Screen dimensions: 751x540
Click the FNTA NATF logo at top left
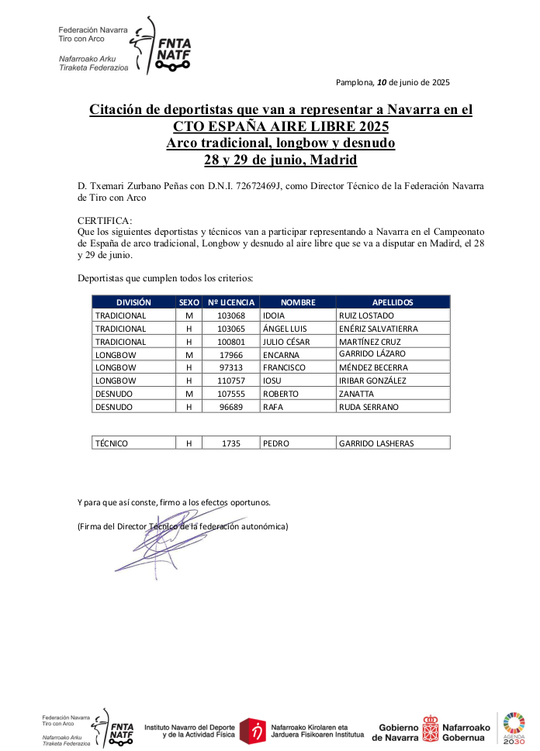coord(161,47)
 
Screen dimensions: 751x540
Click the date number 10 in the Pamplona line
coord(381,82)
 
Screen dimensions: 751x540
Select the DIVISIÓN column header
coord(133,302)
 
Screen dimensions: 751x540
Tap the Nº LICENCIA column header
coord(230,302)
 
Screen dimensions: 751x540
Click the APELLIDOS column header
coord(393,302)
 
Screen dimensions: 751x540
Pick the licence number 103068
coord(230,315)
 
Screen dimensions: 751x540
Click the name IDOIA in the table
coord(275,315)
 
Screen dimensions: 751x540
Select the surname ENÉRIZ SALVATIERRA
coord(378,329)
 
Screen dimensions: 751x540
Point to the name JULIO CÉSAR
coord(286,342)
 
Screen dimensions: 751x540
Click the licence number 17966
coord(230,354)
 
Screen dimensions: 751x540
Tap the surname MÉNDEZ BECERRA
coord(372,367)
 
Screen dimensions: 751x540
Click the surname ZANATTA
coord(357,394)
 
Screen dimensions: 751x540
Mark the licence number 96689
coord(230,407)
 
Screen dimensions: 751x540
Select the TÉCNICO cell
coord(112,443)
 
